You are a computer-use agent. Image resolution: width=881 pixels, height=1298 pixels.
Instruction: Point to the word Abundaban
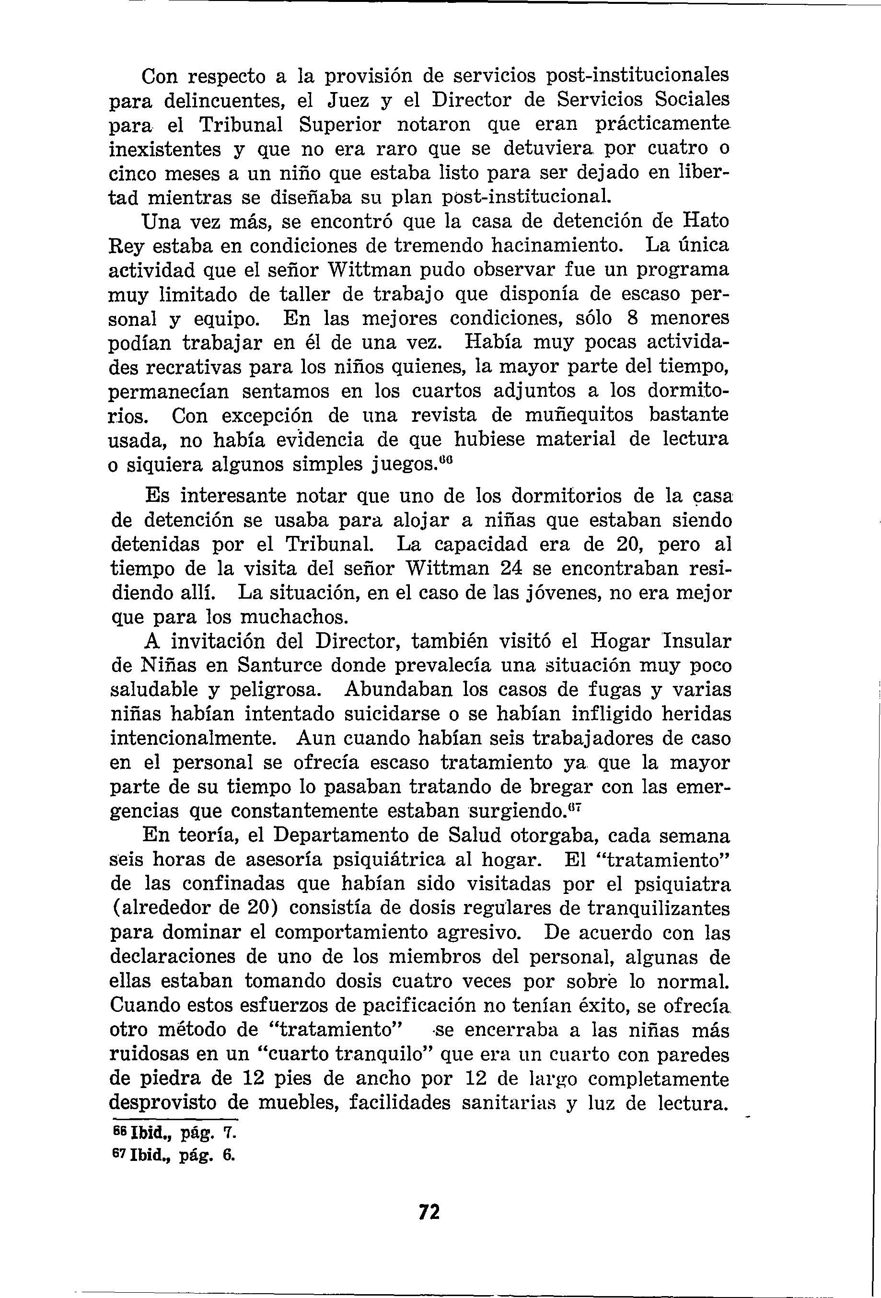(399, 690)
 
